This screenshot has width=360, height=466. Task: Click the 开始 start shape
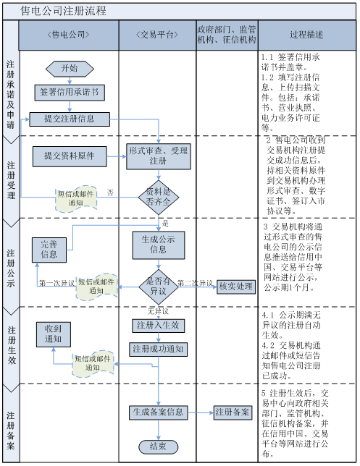tap(70, 68)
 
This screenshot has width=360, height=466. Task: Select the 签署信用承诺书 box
tap(70, 92)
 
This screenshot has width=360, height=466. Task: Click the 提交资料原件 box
tap(70, 155)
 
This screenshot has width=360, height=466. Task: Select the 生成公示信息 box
tap(158, 244)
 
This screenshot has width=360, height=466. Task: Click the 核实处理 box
tap(235, 287)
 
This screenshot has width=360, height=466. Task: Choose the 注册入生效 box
tap(158, 325)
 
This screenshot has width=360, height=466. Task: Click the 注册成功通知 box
tap(158, 349)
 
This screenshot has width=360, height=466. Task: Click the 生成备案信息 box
tap(158, 412)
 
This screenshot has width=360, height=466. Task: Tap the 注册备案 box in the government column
tap(232, 412)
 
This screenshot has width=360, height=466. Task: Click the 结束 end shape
tap(158, 446)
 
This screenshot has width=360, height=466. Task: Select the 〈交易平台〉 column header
tap(157, 35)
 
